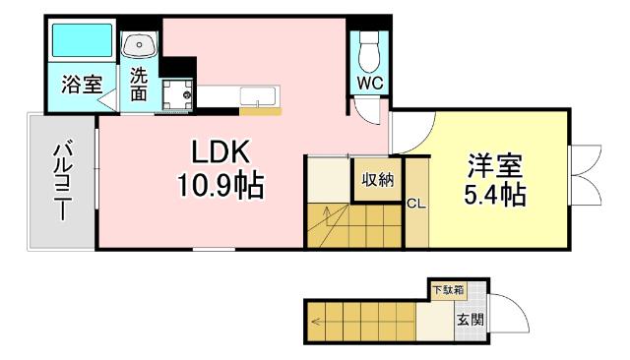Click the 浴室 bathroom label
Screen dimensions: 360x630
click(82, 84)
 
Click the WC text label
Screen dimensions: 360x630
click(370, 82)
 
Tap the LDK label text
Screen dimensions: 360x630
click(220, 152)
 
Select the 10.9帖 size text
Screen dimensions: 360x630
click(220, 184)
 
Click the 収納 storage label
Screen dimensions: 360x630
click(377, 179)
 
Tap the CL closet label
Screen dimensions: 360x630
click(415, 204)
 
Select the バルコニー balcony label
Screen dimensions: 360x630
click(62, 182)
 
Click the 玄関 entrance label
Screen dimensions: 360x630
click(470, 319)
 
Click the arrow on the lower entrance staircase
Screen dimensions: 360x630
click(317, 321)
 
